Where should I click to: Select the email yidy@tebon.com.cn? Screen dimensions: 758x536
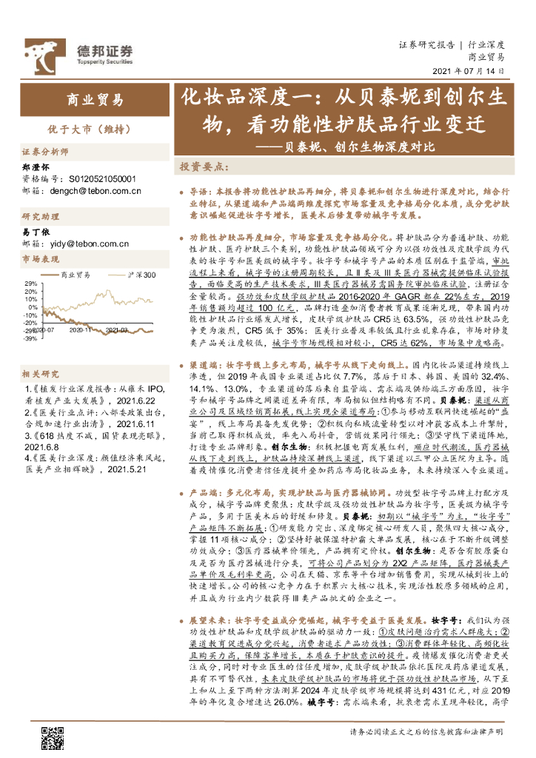(x=86, y=242)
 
